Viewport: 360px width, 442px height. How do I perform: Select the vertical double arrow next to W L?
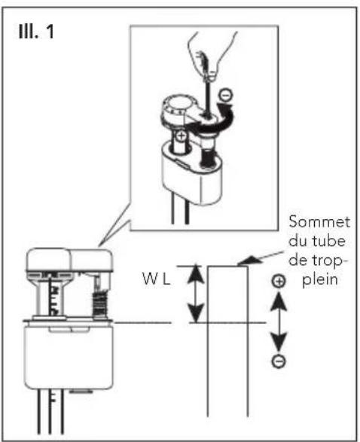[196, 293]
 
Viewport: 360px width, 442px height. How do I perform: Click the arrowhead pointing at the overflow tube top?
[244, 262]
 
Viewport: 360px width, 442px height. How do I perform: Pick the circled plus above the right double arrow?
[279, 281]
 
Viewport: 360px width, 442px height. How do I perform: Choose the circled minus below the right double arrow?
[279, 361]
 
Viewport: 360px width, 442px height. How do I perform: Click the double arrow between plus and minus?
[279, 322]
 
